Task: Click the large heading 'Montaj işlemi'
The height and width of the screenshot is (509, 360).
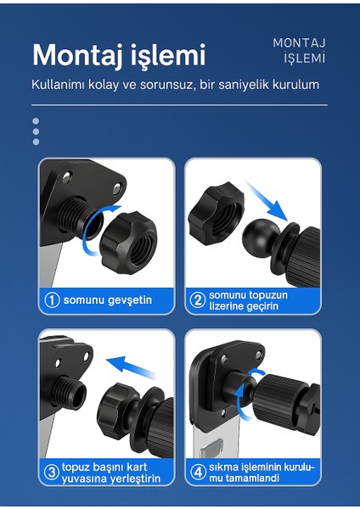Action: pyautogui.click(x=119, y=56)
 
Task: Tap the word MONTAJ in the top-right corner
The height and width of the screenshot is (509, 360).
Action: pyautogui.click(x=299, y=42)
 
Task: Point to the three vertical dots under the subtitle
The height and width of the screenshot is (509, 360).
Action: pyautogui.click(x=36, y=131)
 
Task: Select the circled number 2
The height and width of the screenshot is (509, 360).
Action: pyautogui.click(x=197, y=299)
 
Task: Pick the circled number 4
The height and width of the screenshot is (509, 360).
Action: pyautogui.click(x=197, y=473)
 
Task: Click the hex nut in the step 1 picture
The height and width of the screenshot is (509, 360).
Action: pyautogui.click(x=127, y=240)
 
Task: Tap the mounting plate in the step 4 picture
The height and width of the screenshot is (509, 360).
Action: pyautogui.click(x=212, y=382)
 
